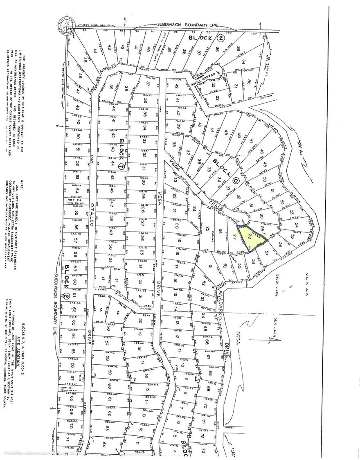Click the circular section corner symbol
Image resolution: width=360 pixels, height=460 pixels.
click(x=65, y=26)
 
